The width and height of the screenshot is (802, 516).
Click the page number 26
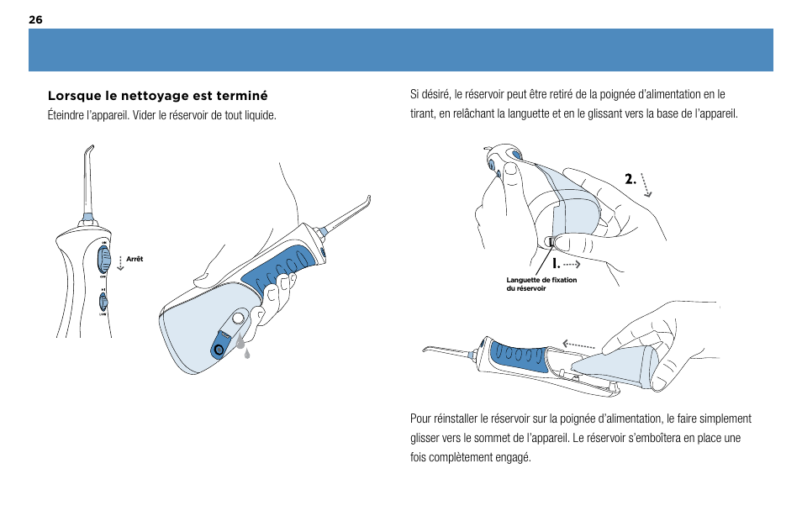(35, 19)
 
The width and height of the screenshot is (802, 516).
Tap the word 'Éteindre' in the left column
(67, 114)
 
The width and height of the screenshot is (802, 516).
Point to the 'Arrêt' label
(135, 259)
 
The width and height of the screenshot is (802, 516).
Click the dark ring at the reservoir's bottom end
(219, 348)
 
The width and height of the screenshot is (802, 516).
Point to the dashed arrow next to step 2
(646, 184)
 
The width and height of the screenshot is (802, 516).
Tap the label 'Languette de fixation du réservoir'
(541, 284)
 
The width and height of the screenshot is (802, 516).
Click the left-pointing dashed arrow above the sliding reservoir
(580, 343)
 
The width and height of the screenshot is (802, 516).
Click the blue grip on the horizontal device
(517, 357)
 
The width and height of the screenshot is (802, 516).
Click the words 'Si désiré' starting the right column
(430, 95)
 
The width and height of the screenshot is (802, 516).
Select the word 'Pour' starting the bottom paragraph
(420, 419)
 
